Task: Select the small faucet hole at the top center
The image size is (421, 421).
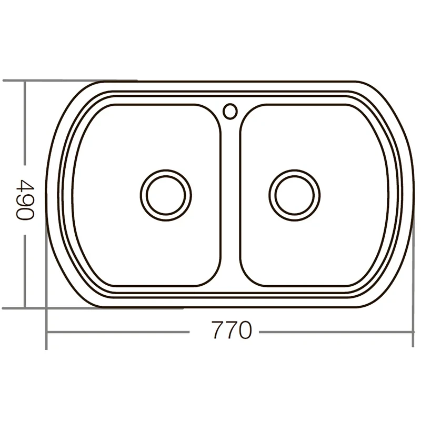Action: click(x=230, y=111)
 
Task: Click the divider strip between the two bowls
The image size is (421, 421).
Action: click(x=230, y=200)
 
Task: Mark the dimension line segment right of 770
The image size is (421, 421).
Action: click(x=337, y=332)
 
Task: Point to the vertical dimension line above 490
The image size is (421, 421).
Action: click(x=25, y=126)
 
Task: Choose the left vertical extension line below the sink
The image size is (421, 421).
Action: click(x=47, y=326)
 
